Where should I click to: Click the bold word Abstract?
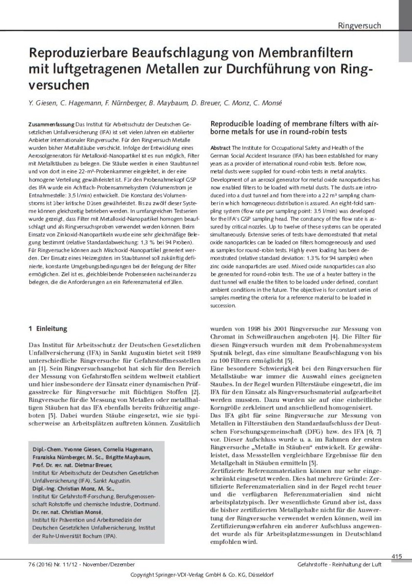click(220, 148)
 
